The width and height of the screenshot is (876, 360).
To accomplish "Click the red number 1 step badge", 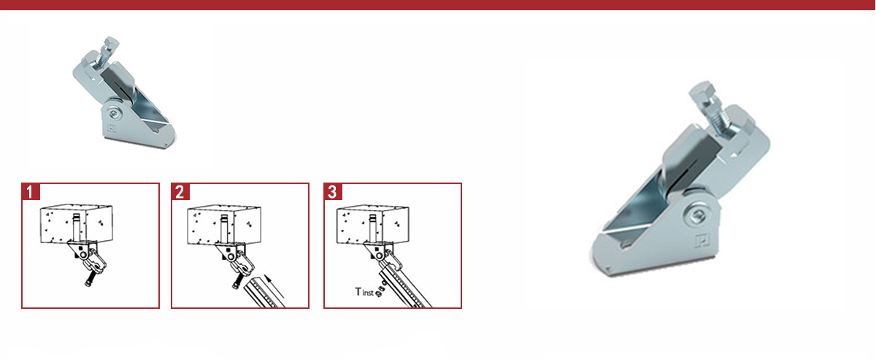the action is point(31,192).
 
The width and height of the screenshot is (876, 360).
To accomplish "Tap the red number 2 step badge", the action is point(180,192).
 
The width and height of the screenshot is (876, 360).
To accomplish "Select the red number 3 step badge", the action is point(333,192).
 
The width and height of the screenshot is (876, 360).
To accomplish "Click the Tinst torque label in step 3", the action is point(364,292).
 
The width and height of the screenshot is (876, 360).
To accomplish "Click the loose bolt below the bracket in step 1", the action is point(89,280).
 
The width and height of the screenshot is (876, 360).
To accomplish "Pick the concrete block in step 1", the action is point(76,223).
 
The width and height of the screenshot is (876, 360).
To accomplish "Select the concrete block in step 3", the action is point(373,224).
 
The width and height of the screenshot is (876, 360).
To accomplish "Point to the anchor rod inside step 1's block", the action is point(76,227).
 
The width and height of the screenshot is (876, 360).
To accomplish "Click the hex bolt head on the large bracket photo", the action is point(703,92).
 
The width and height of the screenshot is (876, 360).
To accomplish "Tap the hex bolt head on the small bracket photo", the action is point(111,43).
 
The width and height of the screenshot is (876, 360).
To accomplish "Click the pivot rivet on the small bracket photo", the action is point(114,114).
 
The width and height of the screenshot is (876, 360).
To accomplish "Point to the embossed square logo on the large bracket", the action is point(702,241).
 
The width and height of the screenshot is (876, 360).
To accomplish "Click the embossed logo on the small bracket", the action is point(112,128).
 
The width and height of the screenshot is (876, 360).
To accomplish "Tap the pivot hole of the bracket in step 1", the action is point(83,255).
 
